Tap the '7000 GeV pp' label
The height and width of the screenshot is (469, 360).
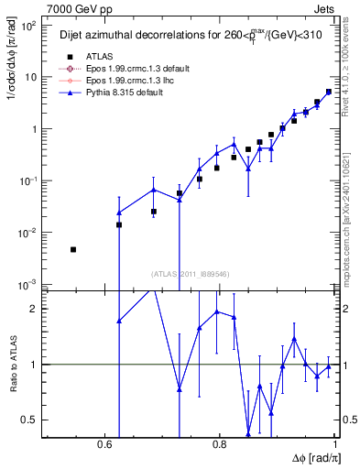coord(75,7)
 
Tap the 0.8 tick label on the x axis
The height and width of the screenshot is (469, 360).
coord(220,443)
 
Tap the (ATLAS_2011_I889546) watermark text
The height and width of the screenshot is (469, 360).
coord(190,274)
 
